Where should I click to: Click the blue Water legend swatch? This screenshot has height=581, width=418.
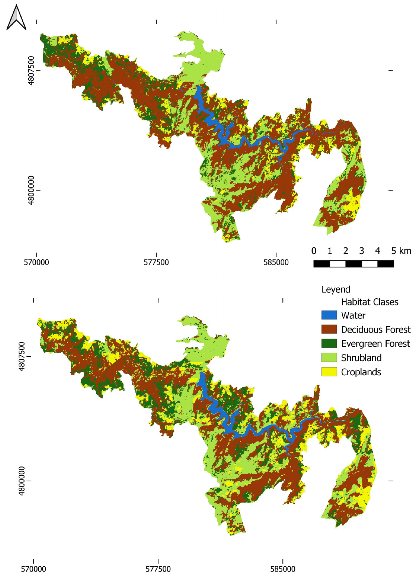point(329,315)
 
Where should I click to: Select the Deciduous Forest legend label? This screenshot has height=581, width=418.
point(375,329)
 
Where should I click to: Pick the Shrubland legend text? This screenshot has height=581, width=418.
point(361,358)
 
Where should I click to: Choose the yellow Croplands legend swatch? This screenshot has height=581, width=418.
point(329,372)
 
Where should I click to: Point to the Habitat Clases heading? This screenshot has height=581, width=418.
point(370,302)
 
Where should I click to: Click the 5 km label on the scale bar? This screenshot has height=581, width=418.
point(401,251)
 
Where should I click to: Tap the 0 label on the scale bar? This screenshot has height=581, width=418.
point(314,251)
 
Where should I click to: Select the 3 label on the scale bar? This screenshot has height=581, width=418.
point(361,251)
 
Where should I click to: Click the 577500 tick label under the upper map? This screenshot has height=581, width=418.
point(156,263)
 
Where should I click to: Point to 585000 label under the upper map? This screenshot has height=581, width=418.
point(276,263)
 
